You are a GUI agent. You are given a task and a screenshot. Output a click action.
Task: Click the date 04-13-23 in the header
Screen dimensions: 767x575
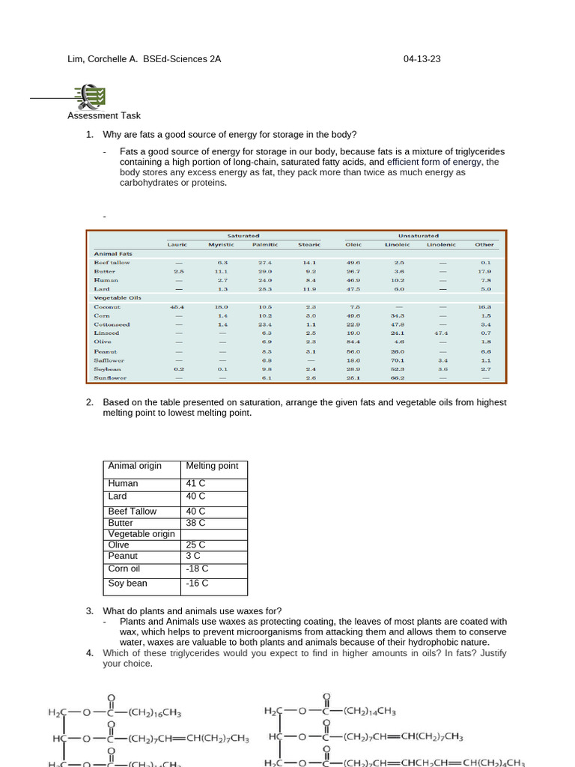coord(422,58)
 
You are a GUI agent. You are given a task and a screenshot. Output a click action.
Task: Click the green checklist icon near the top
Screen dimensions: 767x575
coord(91,96)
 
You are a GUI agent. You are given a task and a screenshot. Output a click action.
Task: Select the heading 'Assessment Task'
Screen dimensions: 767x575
coord(104,115)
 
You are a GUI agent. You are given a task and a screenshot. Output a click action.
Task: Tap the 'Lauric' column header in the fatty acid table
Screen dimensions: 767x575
coord(177,244)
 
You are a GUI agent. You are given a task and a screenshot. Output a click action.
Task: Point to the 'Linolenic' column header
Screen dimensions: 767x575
coord(441,244)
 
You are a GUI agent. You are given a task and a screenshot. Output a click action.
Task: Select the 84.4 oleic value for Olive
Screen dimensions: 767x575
coord(353,342)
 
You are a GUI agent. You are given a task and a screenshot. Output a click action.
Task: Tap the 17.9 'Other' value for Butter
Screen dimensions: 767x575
coord(485,271)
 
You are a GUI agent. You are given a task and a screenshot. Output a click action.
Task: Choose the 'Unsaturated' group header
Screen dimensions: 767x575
coord(419,236)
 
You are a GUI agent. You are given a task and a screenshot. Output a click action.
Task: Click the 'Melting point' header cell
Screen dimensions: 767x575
coord(212,466)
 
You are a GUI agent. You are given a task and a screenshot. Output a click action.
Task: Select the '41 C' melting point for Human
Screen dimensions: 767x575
coord(195,484)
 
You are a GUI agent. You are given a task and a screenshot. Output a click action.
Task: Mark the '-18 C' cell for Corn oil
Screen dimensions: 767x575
coord(198,569)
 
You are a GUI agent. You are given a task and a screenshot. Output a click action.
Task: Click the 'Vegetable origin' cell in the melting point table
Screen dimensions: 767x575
coord(142,534)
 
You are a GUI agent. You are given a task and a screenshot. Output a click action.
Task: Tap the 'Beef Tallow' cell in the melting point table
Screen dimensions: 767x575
coord(133,511)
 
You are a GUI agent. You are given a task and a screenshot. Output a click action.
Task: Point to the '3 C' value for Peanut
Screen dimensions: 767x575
coord(193,557)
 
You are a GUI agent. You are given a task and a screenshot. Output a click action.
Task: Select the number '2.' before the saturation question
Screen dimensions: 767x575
coord(90,402)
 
